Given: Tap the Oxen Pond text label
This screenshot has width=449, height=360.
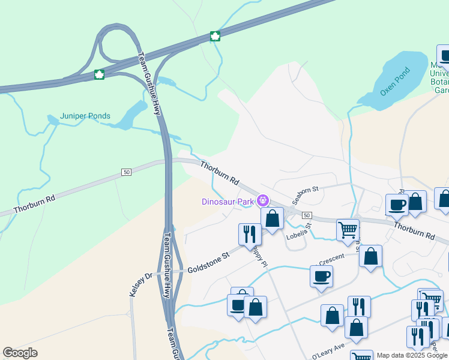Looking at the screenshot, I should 394,85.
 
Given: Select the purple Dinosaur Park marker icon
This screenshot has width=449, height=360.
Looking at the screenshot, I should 262,200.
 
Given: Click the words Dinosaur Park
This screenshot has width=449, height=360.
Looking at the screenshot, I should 228,202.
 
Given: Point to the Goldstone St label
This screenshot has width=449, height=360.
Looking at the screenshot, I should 209,262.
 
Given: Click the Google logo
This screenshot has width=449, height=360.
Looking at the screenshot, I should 20,353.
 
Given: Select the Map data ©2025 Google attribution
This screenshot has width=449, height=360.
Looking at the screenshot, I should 412,355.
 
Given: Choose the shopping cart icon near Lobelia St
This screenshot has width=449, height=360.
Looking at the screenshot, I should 348,229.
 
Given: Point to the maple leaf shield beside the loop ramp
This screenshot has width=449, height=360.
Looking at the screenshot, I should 99,74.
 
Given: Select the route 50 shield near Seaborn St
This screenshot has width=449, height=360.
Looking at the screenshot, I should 306,215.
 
